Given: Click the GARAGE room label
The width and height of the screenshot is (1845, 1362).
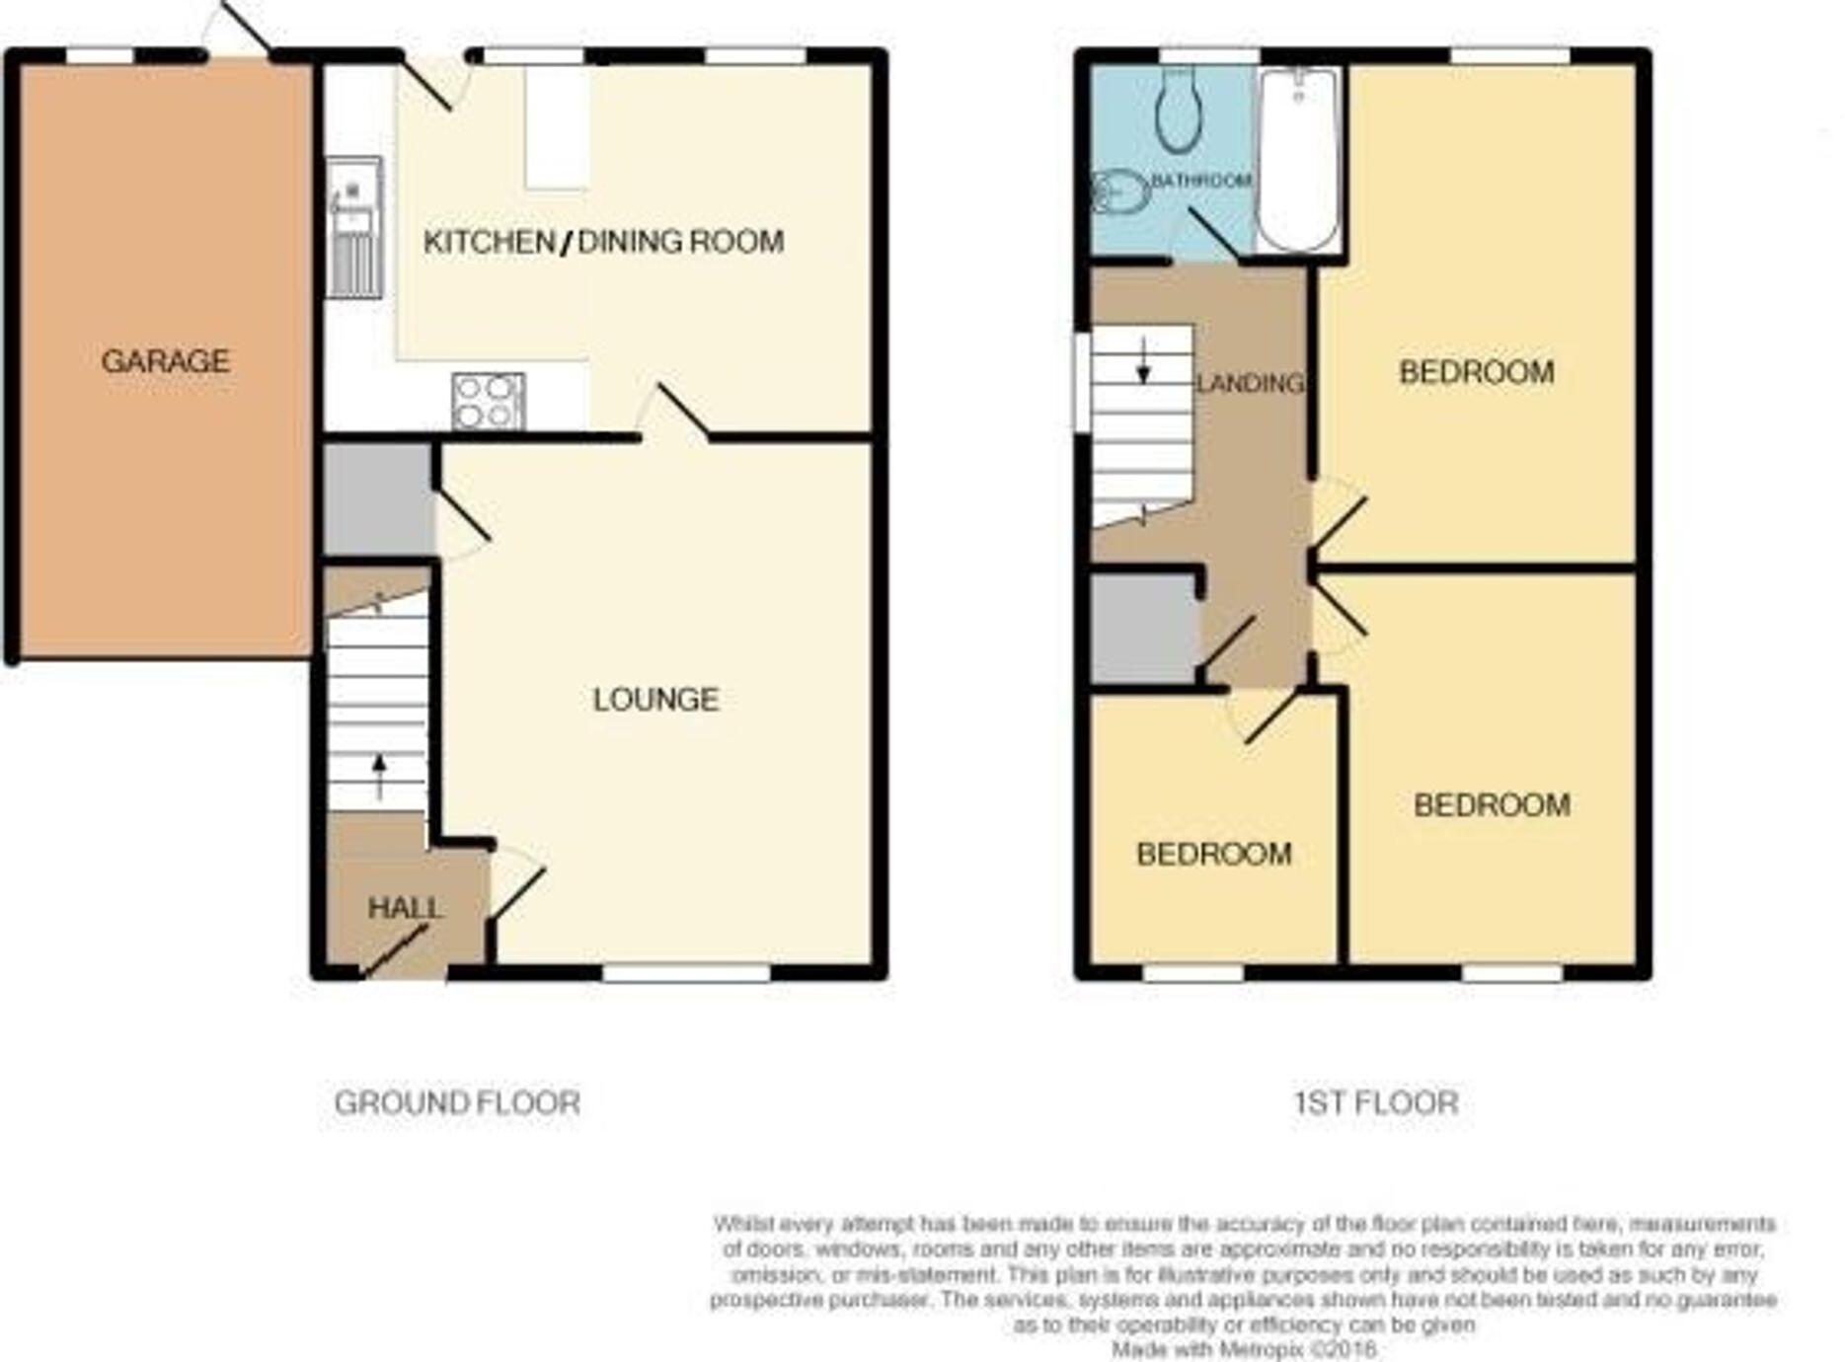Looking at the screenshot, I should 166,361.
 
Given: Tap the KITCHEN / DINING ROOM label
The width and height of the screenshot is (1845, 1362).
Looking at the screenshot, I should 603,242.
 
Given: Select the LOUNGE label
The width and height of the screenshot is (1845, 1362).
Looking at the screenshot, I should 655,700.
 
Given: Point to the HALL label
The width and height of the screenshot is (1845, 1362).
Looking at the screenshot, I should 405,908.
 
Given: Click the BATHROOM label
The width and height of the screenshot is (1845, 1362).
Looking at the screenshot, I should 1201,181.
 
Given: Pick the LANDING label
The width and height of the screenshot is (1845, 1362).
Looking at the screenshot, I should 1250,383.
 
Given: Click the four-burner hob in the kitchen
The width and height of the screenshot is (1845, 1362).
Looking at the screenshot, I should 488,402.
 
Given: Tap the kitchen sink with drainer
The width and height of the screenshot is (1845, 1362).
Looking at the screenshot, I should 353,226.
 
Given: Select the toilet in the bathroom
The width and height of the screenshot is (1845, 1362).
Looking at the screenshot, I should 1177,111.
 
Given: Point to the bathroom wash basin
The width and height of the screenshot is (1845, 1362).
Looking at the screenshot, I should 1120,191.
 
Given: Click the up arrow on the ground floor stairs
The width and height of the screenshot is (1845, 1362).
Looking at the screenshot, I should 379,776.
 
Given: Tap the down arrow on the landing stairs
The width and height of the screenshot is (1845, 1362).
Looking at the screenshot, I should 1143,361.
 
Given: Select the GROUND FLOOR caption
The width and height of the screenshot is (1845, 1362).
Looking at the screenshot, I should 457,1102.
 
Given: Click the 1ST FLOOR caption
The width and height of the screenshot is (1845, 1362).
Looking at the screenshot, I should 1376,1102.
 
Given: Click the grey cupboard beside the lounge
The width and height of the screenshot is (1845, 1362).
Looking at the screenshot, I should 377,498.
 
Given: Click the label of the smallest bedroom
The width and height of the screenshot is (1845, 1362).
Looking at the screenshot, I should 1213,854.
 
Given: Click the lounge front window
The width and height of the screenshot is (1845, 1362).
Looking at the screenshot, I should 686,973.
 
